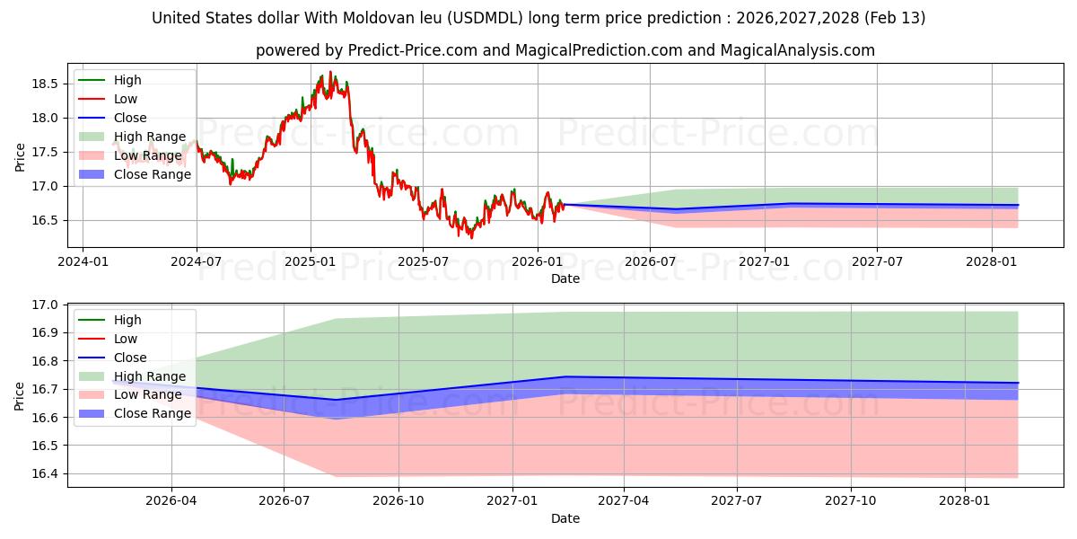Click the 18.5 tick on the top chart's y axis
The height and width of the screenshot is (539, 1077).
[x=47, y=84]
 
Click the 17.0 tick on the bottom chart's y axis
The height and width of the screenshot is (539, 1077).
[x=47, y=305]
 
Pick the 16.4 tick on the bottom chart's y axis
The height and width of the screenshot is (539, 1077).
[x=47, y=474]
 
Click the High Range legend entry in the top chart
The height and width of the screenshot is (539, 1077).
[x=150, y=137]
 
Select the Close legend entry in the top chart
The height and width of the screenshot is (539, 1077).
[x=130, y=118]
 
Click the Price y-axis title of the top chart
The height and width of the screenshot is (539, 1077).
[x=21, y=156]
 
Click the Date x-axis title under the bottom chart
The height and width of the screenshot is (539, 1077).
[x=565, y=518]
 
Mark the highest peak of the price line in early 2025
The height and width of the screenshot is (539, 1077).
[x=330, y=72]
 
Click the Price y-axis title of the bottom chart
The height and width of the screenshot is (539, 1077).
[x=21, y=395]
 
